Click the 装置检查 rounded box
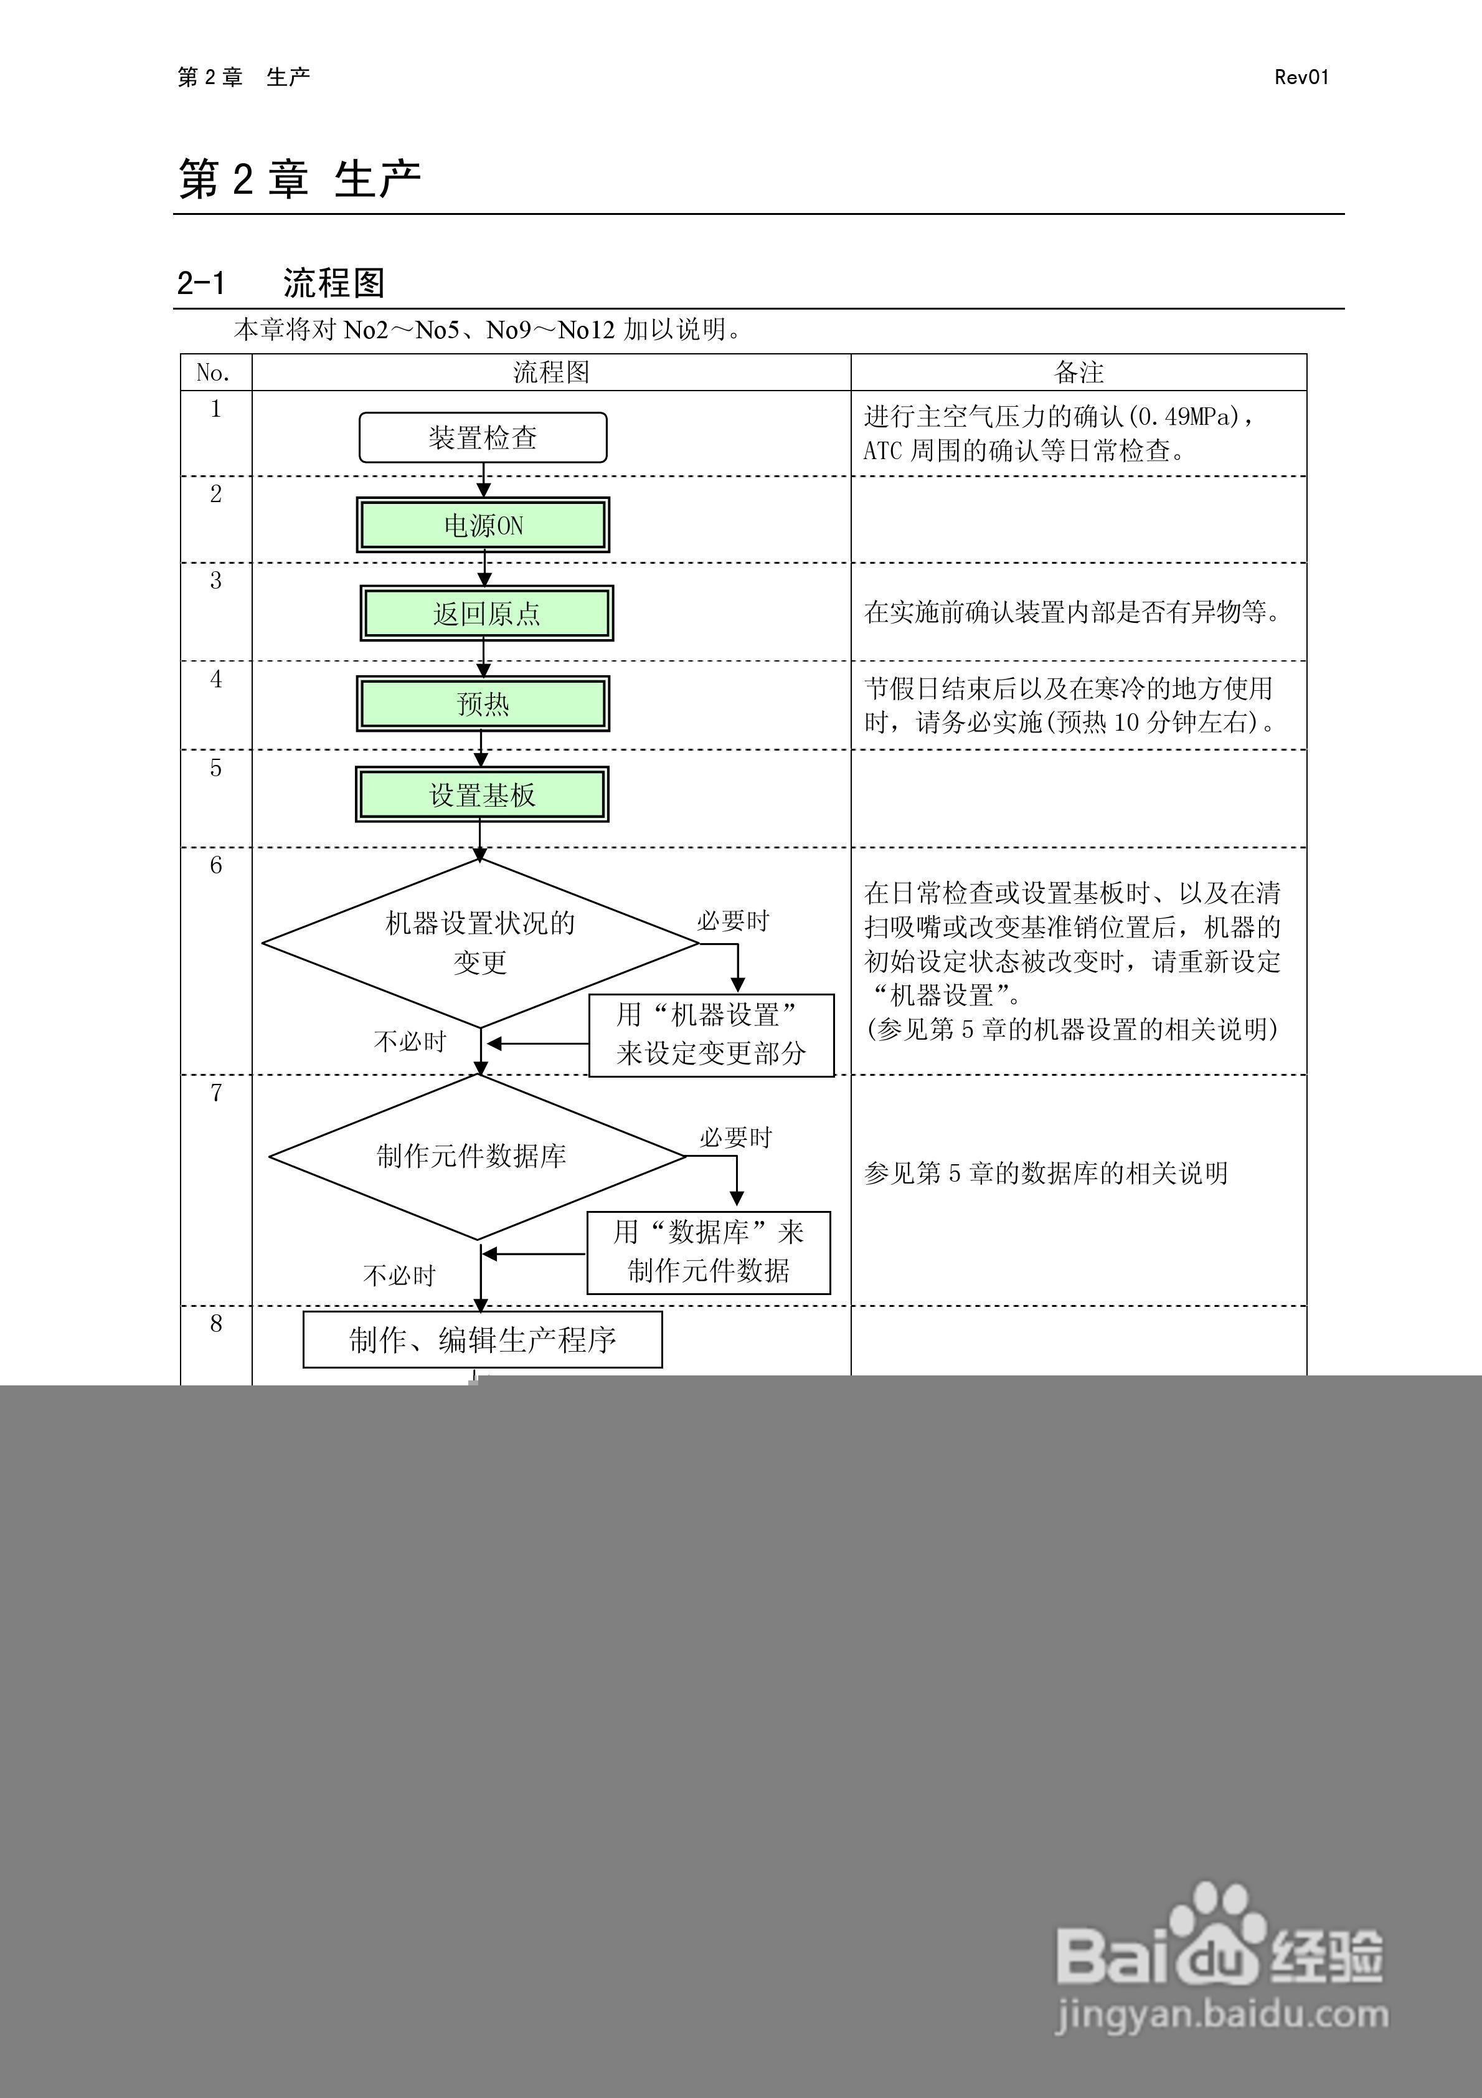pos(483,438)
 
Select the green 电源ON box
pos(483,525)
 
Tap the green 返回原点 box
pos(486,613)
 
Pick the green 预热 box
pos(483,704)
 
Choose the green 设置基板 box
pos(481,794)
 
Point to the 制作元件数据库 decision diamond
pos(475,1157)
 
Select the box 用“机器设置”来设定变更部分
pos(711,1035)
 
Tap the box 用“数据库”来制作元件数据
pos(708,1252)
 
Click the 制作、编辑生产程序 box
pos(483,1339)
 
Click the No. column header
pos(214,373)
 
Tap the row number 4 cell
pos(215,679)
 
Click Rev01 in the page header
pos(1301,78)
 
